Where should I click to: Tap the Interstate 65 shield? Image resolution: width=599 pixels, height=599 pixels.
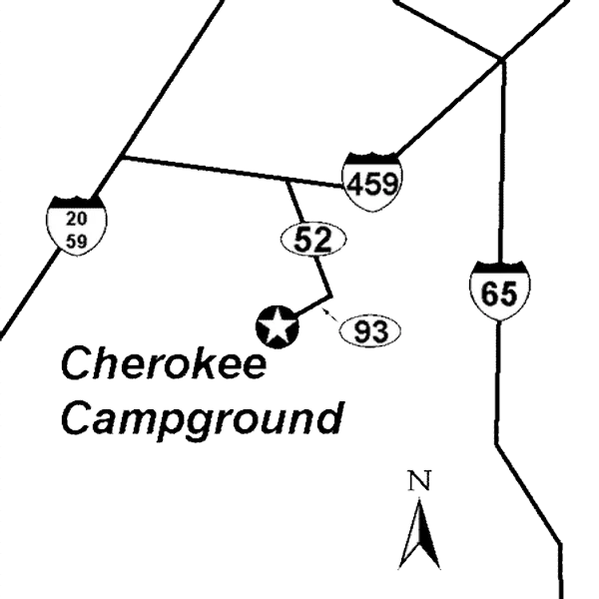click(498, 290)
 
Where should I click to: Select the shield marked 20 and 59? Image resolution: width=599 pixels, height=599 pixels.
click(76, 230)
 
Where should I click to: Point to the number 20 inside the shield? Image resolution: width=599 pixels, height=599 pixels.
click(76, 220)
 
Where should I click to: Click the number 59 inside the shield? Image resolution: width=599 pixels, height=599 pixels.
click(76, 241)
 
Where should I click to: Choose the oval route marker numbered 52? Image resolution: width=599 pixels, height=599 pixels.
click(312, 239)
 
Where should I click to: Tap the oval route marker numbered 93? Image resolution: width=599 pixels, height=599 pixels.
click(370, 330)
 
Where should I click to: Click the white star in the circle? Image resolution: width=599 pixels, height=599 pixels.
click(278, 326)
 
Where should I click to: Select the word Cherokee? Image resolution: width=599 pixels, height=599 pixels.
click(165, 365)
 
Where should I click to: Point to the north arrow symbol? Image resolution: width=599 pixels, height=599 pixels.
click(419, 534)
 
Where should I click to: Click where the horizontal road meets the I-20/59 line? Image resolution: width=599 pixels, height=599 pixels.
click(122, 158)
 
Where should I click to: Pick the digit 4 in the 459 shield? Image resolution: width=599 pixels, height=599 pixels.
click(355, 183)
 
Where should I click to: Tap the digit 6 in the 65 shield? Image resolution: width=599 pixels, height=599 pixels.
click(488, 293)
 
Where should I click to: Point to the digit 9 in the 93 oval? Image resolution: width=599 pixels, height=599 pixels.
click(362, 330)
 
